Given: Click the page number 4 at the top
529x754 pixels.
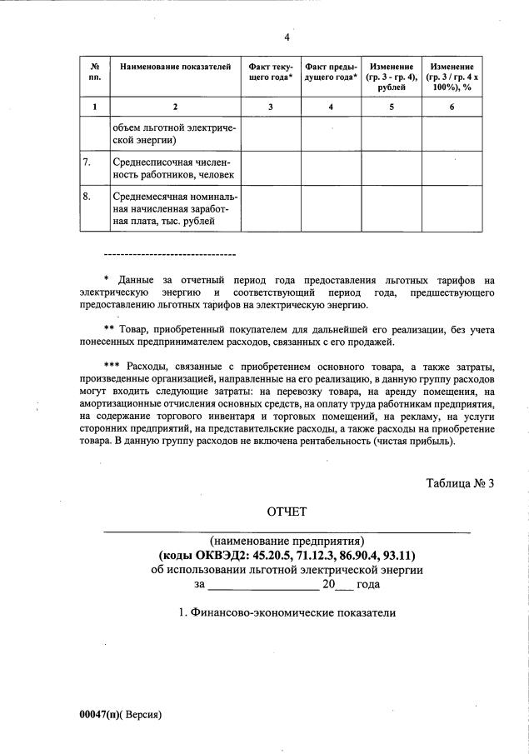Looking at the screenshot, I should tap(287, 37).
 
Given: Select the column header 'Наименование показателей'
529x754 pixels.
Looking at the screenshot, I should tap(175, 66).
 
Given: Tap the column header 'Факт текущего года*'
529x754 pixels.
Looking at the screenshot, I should tap(271, 72).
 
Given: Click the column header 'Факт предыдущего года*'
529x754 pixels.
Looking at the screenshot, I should tap(331, 72).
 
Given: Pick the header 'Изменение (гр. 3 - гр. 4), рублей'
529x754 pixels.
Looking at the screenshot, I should tap(392, 76).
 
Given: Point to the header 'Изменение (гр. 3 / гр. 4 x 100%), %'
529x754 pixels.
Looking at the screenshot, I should tap(452, 76).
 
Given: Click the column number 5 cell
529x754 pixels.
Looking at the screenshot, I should tap(392, 107).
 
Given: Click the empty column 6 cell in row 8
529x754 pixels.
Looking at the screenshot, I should tap(452, 209).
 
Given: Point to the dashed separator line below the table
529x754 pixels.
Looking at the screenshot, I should tap(169, 254).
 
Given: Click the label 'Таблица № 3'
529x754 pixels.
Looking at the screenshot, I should tap(461, 483).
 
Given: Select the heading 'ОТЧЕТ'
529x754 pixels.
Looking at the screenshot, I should tap(287, 511).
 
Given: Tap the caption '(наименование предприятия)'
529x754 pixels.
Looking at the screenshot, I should tap(287, 541).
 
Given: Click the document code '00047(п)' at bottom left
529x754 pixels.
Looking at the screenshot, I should tap(98, 715).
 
